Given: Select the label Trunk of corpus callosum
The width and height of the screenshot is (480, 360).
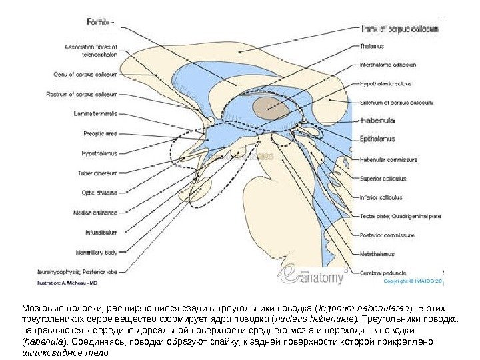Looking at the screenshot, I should [x=399, y=29].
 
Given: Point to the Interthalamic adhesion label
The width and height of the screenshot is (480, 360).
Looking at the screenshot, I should [x=388, y=65].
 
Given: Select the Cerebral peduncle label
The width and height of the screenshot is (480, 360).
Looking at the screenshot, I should [x=382, y=272].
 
